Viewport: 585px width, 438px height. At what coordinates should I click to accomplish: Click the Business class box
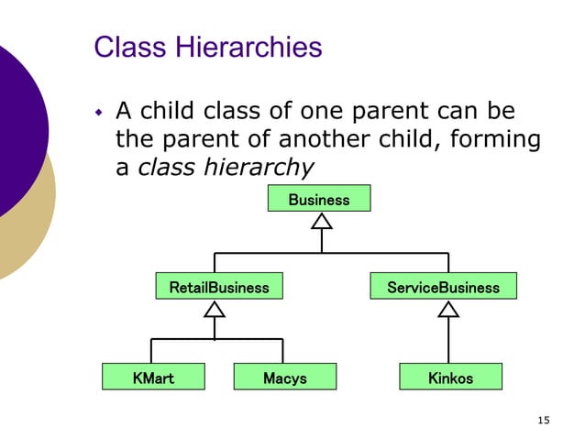319,199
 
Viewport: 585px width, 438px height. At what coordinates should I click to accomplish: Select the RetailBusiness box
219,287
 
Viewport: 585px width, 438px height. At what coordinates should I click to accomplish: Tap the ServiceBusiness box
444,287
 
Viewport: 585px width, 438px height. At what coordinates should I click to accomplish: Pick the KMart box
153,377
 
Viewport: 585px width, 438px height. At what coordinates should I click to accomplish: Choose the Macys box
285,377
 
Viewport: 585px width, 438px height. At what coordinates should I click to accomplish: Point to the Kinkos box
450,377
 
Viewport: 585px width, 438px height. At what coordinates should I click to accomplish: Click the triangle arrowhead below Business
321,221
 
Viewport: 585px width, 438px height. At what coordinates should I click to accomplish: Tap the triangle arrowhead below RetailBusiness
215,309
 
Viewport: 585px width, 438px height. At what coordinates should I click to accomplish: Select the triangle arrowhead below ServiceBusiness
448,309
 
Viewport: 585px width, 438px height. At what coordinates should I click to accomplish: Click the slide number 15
544,421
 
